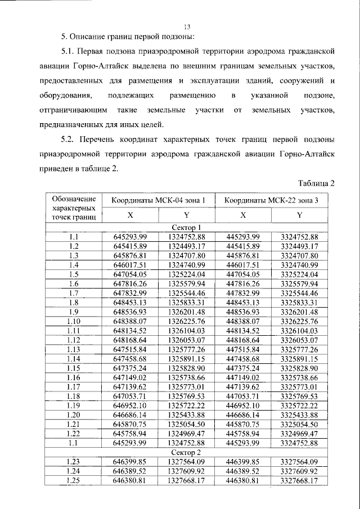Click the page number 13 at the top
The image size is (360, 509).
(x=187, y=25)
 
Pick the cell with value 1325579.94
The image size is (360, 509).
(x=187, y=283)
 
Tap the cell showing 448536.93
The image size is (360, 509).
(x=243, y=311)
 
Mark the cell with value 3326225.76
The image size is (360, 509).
(x=299, y=321)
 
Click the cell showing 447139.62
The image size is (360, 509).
(x=243, y=386)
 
